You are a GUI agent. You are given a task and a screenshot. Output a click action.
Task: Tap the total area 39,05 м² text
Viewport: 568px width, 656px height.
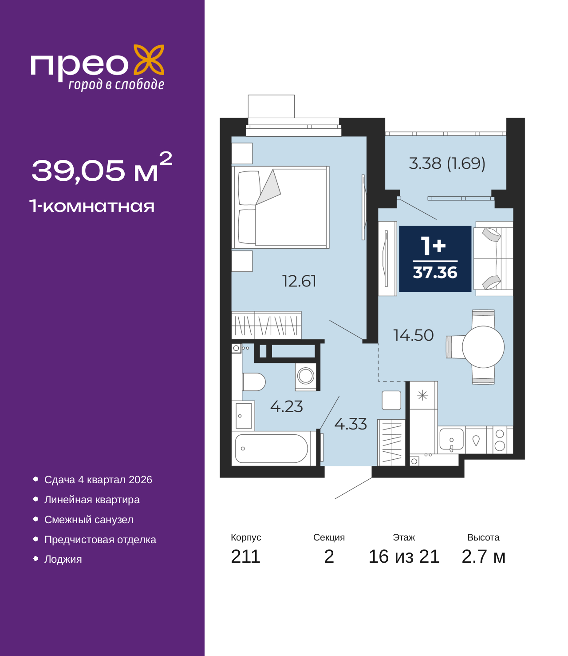click(102, 169)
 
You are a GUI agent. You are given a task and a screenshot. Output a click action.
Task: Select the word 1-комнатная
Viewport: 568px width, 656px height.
click(92, 206)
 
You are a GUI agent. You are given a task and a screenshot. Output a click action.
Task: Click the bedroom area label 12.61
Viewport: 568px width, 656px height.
click(299, 281)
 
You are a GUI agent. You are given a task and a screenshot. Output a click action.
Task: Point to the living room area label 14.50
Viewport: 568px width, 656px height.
click(413, 335)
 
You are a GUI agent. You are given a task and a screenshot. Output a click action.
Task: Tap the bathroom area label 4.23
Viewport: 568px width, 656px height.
click(286, 406)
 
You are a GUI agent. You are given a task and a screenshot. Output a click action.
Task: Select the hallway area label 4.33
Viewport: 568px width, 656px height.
click(350, 424)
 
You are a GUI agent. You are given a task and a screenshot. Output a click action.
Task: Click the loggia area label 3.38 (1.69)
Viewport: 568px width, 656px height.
click(447, 163)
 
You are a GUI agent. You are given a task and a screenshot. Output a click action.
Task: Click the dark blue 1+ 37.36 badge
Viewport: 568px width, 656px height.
click(435, 259)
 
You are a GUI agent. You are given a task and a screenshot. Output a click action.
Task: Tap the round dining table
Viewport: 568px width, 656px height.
click(483, 347)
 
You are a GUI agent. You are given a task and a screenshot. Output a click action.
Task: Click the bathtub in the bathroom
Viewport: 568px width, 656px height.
click(271, 449)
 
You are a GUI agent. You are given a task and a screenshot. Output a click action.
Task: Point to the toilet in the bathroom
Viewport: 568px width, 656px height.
click(253, 382)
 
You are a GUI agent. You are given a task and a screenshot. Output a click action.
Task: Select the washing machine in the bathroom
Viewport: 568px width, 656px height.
click(306, 376)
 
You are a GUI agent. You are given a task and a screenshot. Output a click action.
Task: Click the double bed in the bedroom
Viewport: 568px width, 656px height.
click(280, 207)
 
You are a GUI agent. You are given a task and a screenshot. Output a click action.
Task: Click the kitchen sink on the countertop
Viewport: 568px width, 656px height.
click(451, 439)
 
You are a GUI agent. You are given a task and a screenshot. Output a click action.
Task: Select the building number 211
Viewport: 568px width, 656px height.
click(245, 557)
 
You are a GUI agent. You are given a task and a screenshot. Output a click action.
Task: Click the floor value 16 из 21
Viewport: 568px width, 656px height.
click(404, 557)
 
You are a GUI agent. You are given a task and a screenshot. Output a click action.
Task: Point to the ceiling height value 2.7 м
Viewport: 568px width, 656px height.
click(483, 557)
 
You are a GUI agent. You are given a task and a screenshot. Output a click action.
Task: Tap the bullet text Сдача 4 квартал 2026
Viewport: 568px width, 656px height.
click(98, 480)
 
